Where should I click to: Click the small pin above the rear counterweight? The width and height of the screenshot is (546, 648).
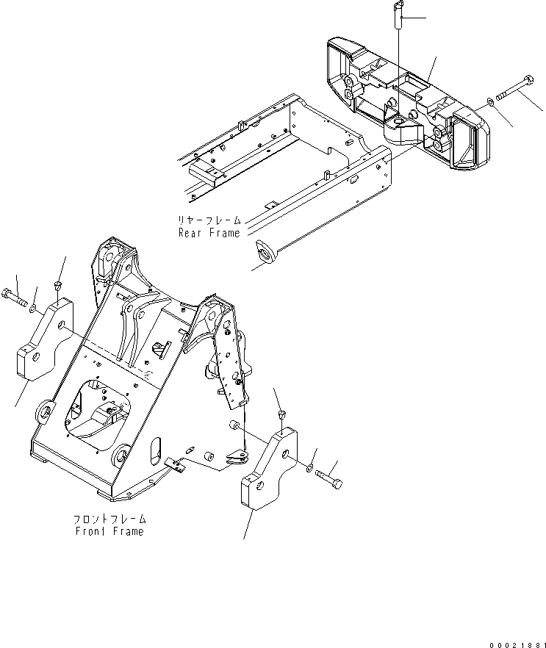click(x=399, y=14)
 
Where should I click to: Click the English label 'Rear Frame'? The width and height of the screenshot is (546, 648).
click(x=209, y=233)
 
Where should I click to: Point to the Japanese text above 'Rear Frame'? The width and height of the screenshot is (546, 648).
click(x=209, y=220)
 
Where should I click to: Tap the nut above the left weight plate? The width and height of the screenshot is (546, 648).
click(x=58, y=285)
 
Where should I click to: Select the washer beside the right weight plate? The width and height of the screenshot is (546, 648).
click(x=309, y=467)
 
